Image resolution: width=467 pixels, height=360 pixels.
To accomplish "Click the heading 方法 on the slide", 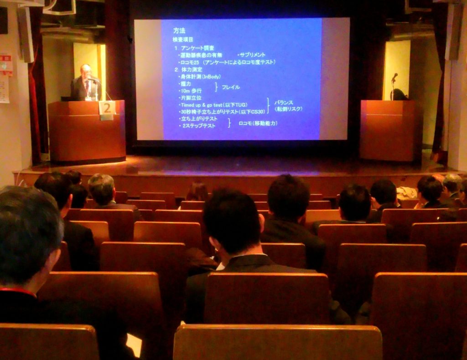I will pos(179,31).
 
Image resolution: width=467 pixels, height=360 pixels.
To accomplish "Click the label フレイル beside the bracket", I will pos(231,87).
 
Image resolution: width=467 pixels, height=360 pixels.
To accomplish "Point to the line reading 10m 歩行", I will pos(191,91).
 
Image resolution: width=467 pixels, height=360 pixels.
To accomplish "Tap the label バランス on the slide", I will pos(284,102).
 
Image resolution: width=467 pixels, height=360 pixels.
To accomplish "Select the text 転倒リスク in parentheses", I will pos(288,109).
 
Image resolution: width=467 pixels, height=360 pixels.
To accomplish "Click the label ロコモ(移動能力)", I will pos(258,123).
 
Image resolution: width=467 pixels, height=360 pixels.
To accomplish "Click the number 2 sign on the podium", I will pos(107,108).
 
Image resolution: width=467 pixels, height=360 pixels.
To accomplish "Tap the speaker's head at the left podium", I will pos(86,70).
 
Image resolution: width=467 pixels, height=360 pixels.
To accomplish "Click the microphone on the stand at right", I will pos(394,76).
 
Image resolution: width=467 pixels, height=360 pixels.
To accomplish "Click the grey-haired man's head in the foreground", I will pos(27,232).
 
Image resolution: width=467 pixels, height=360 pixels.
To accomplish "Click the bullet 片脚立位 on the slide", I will pos(192,98).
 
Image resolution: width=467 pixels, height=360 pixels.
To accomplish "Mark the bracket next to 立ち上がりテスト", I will pos(229,122).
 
